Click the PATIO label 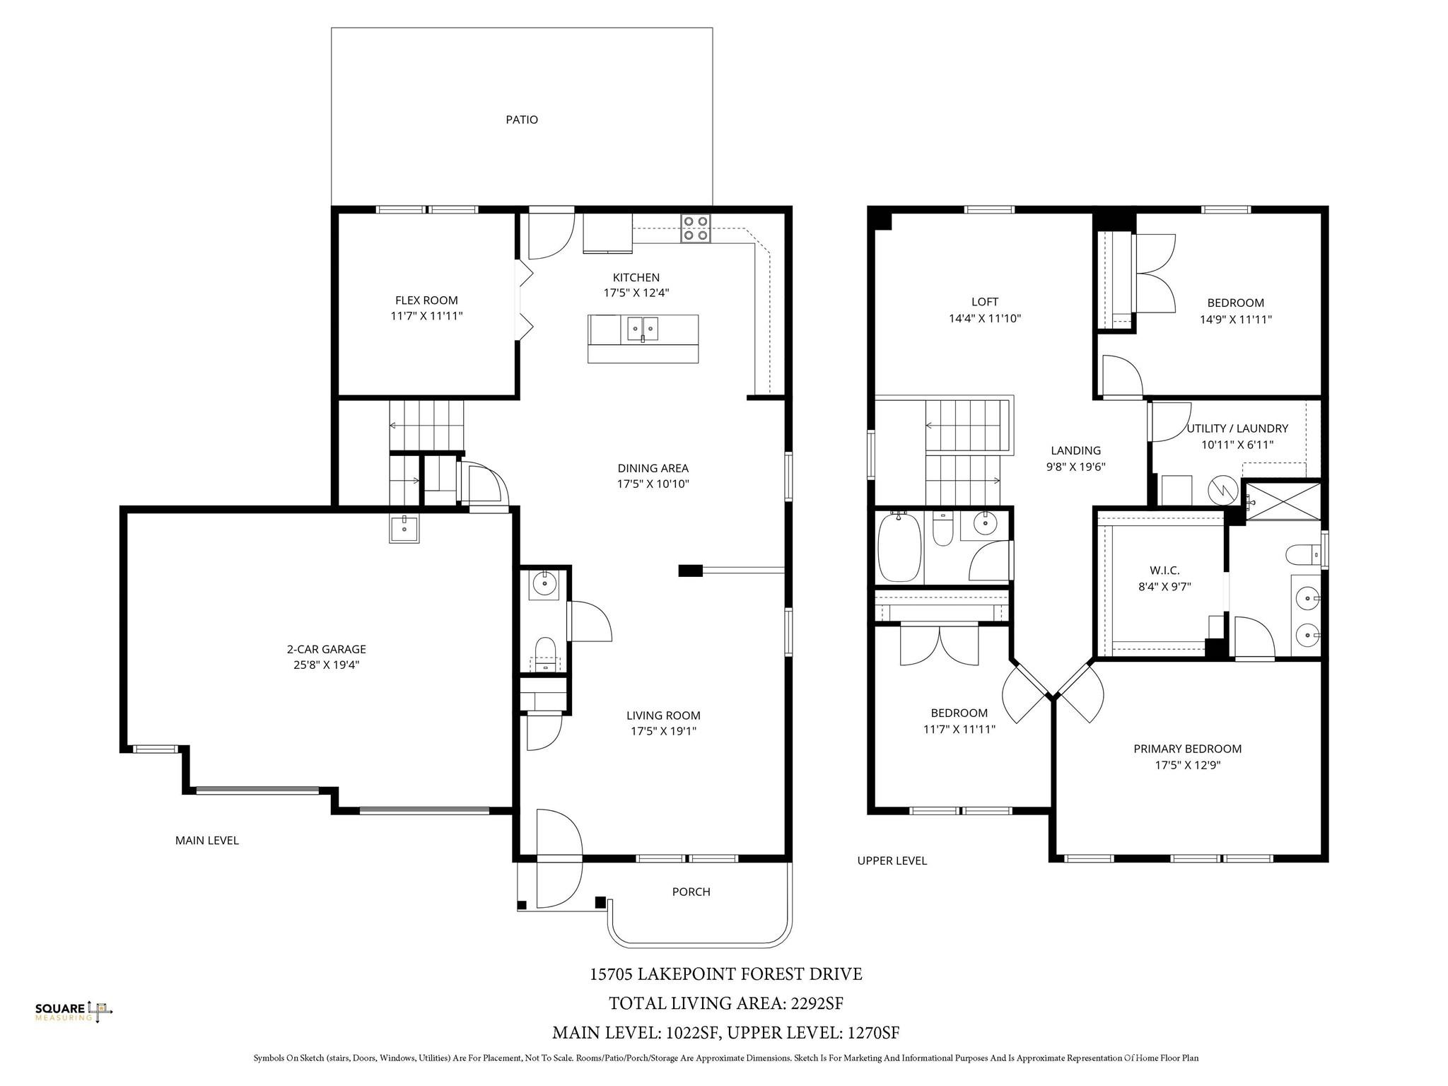tap(522, 119)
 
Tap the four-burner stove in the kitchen tap(695, 228)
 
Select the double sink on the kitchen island tap(642, 329)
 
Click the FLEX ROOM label tap(426, 300)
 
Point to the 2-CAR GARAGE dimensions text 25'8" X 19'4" tap(327, 665)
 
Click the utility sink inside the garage tap(404, 528)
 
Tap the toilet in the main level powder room tap(545, 650)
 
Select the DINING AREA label tap(653, 468)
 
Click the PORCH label tap(691, 892)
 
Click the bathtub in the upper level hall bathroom tap(899, 548)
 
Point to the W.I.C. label tap(1164, 570)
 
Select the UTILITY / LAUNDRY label tap(1237, 428)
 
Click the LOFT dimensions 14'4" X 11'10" tap(984, 319)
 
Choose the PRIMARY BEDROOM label tap(1187, 749)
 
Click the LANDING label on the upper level tap(1075, 450)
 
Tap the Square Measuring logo tap(74, 1012)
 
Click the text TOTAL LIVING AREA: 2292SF tap(726, 1003)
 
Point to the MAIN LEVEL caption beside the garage tap(207, 841)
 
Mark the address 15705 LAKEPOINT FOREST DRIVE tap(726, 974)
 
